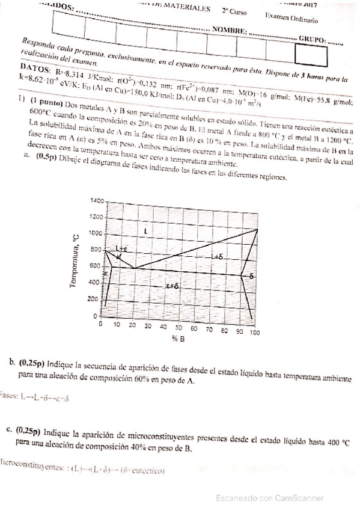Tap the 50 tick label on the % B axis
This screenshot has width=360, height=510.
178,329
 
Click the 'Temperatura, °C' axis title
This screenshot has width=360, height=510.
75,261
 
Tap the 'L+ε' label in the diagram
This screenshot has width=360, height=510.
123,248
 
